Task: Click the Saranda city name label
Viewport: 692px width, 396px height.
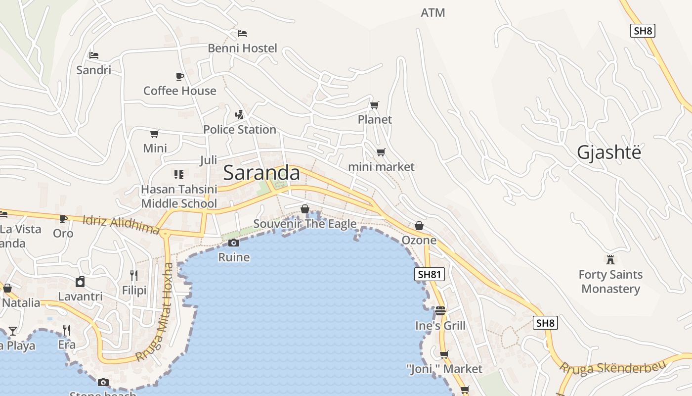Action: [x=261, y=173]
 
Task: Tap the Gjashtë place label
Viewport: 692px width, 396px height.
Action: [x=609, y=152]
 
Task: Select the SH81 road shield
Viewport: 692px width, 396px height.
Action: [x=430, y=274]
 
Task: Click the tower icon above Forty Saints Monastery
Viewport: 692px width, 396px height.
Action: [x=610, y=259]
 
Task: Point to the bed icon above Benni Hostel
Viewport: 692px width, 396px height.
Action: [x=242, y=34]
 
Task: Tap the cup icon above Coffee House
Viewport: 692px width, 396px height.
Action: [x=180, y=76]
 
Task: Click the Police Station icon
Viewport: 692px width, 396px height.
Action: [x=240, y=115]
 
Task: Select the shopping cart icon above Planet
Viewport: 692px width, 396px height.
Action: [x=375, y=105]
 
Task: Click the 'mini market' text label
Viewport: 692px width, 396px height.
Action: [x=381, y=167]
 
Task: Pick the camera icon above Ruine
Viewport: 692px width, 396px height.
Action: [x=234, y=243]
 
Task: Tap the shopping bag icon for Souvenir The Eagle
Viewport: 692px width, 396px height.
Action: [x=305, y=209]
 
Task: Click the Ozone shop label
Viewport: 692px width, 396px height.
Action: [x=419, y=240]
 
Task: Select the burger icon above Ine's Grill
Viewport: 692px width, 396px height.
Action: [x=440, y=311]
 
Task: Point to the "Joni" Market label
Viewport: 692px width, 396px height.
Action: [x=444, y=369]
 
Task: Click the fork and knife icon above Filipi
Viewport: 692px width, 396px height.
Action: [x=134, y=275]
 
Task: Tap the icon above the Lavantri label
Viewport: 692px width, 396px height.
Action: [x=80, y=282]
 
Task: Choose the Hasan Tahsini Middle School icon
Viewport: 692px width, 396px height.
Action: [x=179, y=174]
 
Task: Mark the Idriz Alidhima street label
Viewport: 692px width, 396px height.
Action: [x=121, y=224]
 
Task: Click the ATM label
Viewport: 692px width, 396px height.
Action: [x=433, y=13]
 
